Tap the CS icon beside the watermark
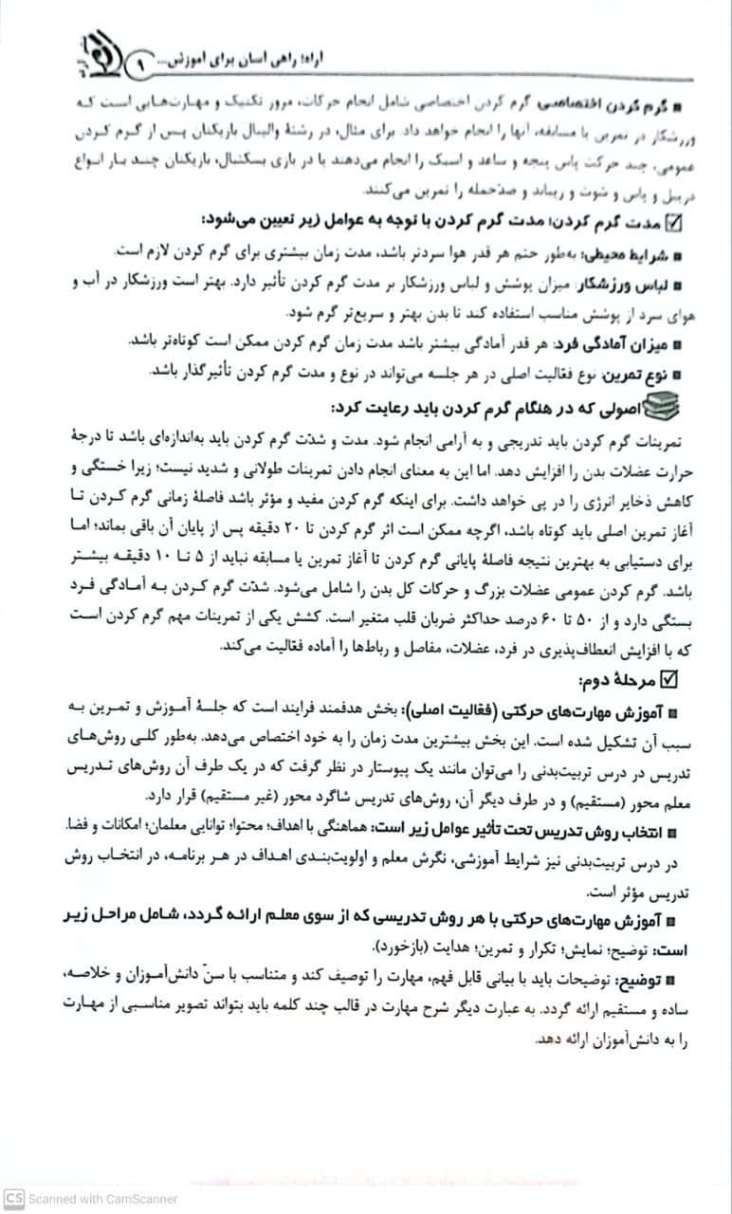click(11, 1199)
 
